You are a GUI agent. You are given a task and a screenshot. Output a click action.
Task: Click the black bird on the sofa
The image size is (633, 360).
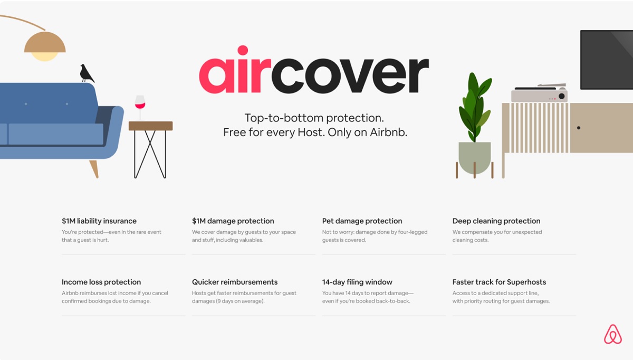pyautogui.click(x=87, y=73)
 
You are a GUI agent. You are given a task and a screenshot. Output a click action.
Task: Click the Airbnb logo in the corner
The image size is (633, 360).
pyautogui.click(x=612, y=334)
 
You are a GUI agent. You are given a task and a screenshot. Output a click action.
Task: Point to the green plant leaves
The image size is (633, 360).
pyautogui.click(x=475, y=106)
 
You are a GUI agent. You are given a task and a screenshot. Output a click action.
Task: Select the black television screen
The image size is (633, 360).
pyautogui.click(x=607, y=60)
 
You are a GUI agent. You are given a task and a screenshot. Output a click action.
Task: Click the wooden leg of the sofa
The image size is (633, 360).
pyautogui.click(x=94, y=169)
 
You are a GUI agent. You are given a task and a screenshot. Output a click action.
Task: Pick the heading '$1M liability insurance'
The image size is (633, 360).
pyautogui.click(x=99, y=221)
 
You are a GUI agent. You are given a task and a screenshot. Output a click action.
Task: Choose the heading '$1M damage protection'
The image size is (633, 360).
pyautogui.click(x=233, y=221)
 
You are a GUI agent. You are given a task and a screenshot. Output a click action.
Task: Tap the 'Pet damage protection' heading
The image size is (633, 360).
pyautogui.click(x=362, y=221)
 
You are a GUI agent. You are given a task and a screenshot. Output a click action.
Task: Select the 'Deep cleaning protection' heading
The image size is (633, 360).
pyautogui.click(x=496, y=221)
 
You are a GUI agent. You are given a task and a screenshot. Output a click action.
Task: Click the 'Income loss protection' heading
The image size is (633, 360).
pyautogui.click(x=101, y=282)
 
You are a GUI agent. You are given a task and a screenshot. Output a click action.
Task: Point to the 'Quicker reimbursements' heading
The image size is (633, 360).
pyautogui.click(x=235, y=282)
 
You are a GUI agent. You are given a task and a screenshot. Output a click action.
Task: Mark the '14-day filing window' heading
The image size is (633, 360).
pyautogui.click(x=358, y=282)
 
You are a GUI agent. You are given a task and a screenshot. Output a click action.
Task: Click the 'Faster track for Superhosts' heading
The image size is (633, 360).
pyautogui.click(x=500, y=282)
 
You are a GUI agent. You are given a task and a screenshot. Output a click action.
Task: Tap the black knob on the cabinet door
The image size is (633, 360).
pyautogui.click(x=579, y=128)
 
